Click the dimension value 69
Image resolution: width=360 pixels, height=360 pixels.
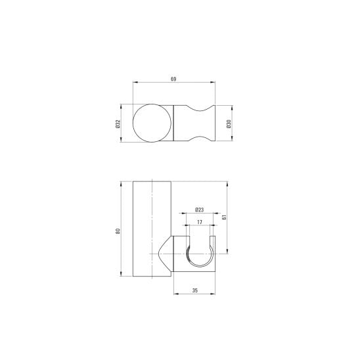[173, 79]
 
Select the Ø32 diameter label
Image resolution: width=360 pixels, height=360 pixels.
[118, 124]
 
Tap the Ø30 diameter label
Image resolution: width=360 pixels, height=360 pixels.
[229, 124]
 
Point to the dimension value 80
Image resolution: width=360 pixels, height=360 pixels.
[118, 231]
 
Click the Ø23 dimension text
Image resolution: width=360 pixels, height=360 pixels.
[199, 210]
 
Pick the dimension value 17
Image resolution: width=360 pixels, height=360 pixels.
[200, 222]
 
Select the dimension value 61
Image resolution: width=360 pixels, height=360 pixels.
[224, 217]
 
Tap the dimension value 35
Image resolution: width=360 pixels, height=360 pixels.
[194, 290]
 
